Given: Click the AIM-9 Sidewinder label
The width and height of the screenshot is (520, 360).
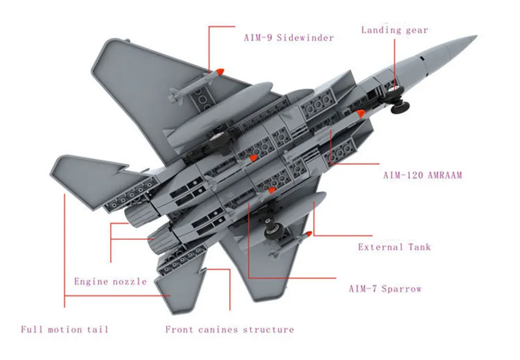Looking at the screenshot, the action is [289, 37].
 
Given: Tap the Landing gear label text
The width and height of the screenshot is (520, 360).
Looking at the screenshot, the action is [395, 30].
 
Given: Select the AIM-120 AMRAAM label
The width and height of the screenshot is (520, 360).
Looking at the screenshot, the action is [423, 175].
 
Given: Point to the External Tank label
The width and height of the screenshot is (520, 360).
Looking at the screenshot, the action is [395, 247].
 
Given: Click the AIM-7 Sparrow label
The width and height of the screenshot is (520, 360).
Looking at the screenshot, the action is [385, 289].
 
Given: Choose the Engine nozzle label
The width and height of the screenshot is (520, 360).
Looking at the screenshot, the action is [111, 282].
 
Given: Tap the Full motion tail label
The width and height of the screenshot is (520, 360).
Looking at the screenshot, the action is [65, 329].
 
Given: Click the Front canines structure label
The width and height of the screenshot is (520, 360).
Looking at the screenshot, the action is [229, 329].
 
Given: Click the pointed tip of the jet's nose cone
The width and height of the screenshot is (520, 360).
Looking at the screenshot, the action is [477, 36].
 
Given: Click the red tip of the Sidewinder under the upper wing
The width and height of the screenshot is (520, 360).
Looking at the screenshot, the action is [220, 72].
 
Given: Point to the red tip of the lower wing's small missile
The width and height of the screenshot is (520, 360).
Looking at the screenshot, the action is [309, 234].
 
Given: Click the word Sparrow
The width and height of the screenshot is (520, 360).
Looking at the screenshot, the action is [401, 289].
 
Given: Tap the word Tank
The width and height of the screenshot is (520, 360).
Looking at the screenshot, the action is [420, 247].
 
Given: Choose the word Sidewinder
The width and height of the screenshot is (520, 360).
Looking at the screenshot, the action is [305, 37].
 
